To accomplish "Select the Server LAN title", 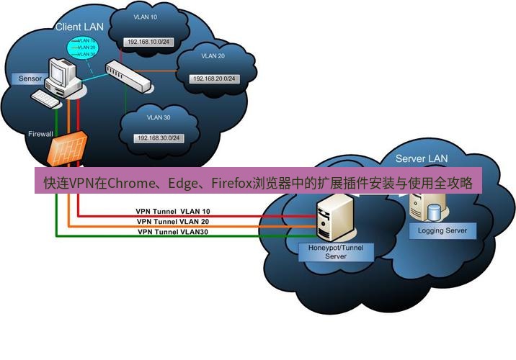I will (x=422, y=158).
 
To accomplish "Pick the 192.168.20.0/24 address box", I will (x=213, y=78).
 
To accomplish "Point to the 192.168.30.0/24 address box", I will (x=158, y=138).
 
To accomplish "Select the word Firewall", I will (x=41, y=134).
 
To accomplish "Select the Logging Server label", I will (x=442, y=231).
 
